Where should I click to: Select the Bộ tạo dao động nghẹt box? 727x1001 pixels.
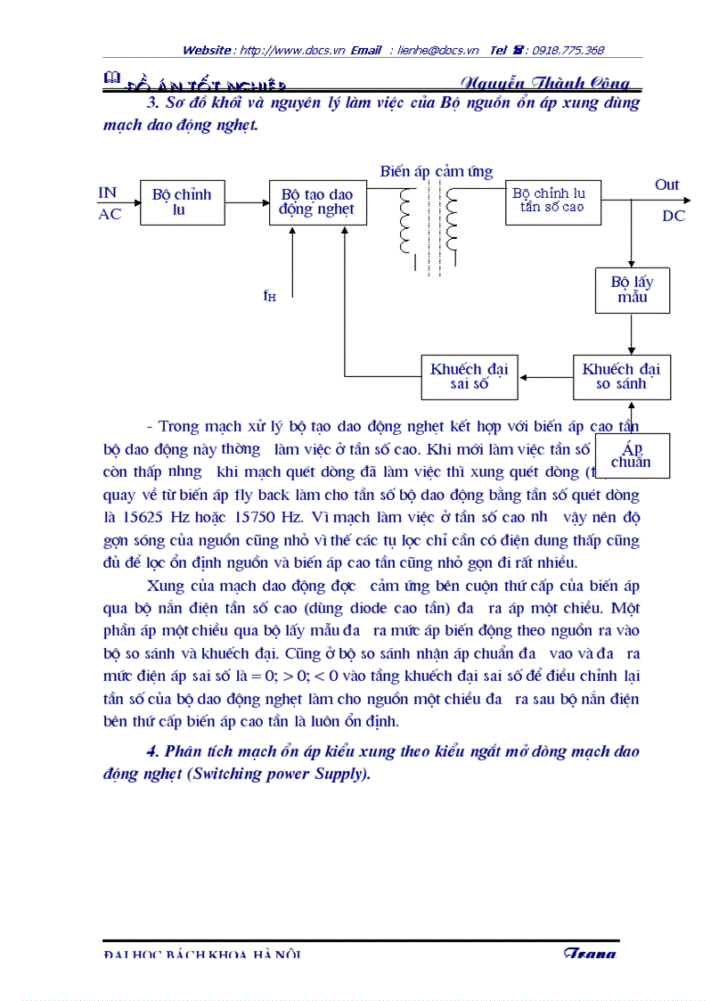(317, 202)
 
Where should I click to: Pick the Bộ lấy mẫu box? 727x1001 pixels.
(632, 290)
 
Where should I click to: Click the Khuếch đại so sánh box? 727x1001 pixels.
(621, 377)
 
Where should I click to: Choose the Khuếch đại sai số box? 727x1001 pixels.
(469, 377)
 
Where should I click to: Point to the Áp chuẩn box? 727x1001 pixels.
(631, 455)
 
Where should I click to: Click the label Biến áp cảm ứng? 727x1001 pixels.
(436, 172)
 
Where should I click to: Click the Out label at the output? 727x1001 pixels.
(666, 185)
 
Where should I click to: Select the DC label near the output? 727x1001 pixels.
(674, 217)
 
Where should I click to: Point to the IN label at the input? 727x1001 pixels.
(108, 193)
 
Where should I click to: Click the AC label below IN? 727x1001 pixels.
(110, 215)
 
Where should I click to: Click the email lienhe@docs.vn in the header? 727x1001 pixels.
(438, 51)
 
